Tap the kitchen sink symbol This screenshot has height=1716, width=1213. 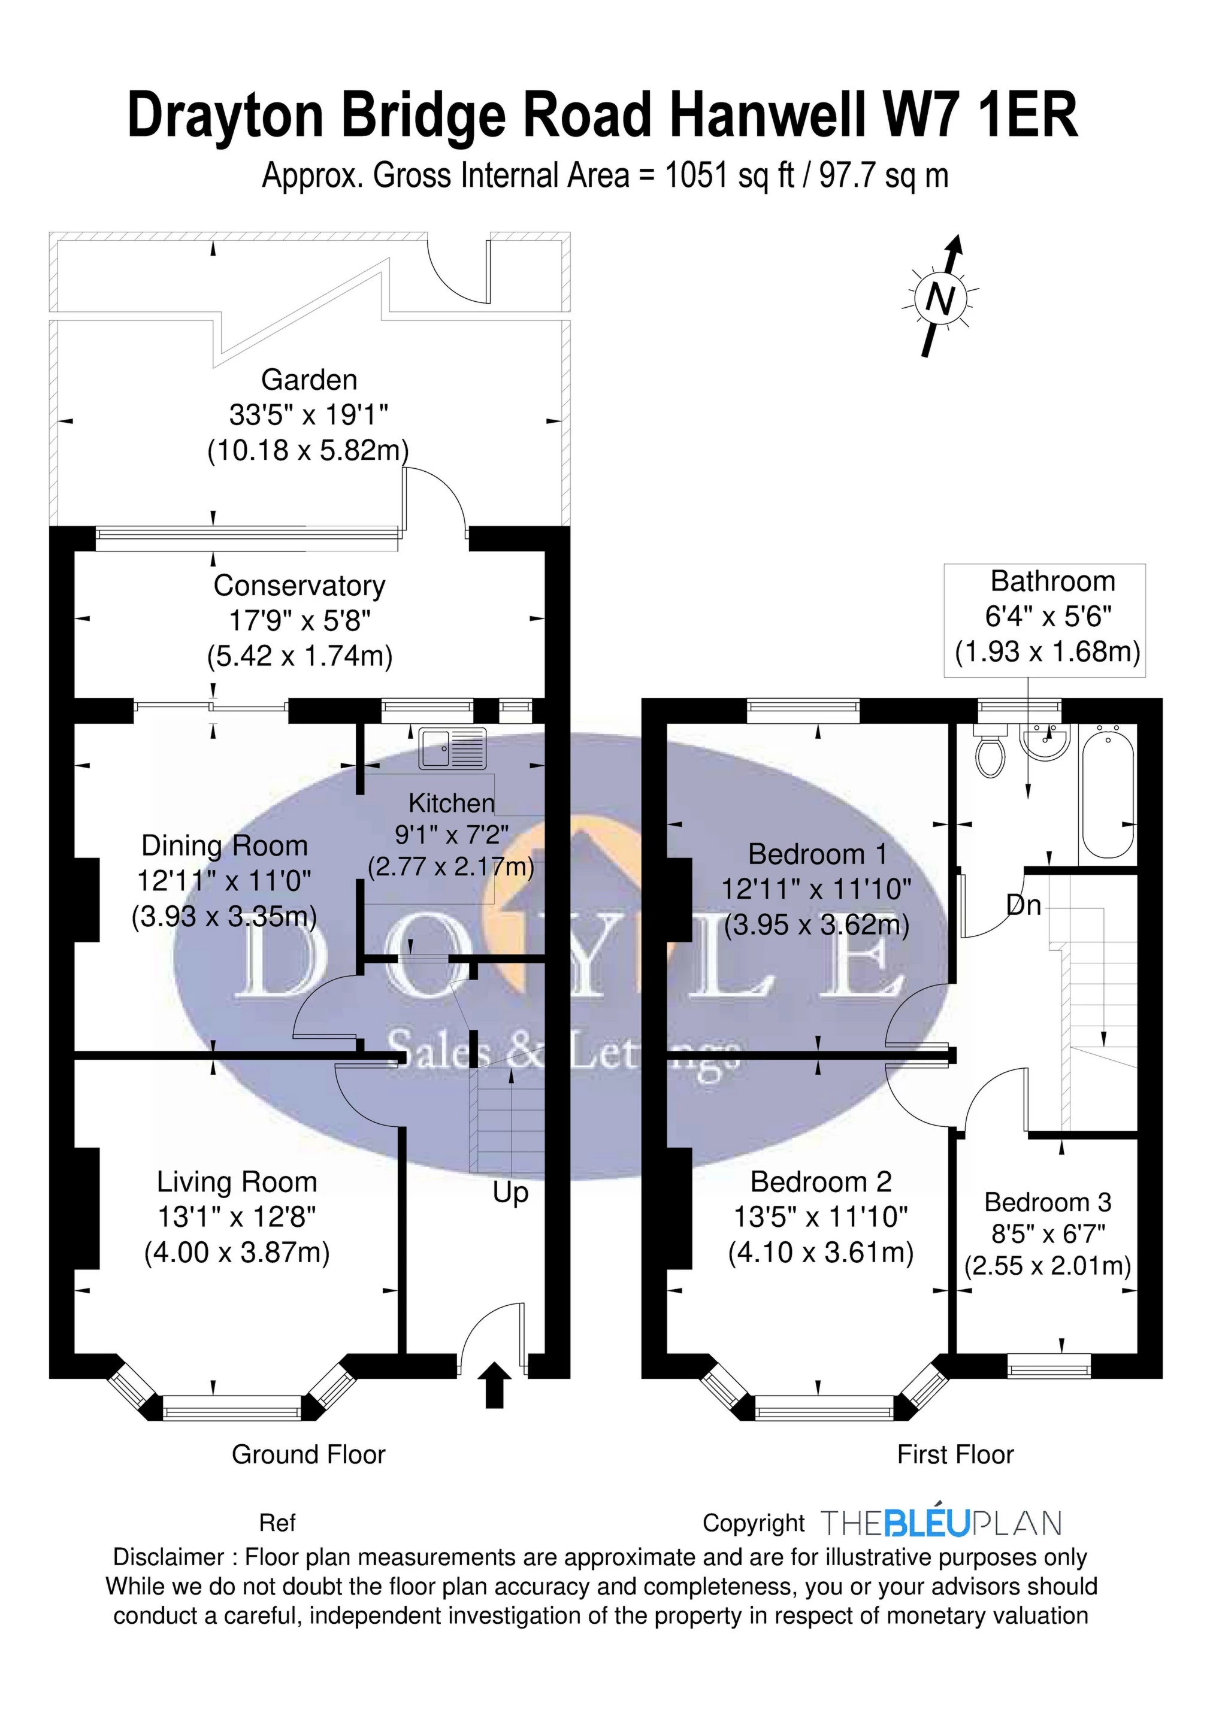click(452, 748)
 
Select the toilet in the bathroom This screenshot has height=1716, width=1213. click(991, 750)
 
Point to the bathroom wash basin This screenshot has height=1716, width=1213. click(1045, 741)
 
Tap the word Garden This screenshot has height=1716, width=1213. click(309, 380)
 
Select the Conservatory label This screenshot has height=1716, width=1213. click(299, 586)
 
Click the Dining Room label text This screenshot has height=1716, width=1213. click(225, 845)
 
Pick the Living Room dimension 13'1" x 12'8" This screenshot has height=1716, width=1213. click(237, 1217)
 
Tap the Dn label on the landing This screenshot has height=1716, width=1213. click(1024, 905)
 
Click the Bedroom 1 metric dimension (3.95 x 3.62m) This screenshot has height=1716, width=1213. click(816, 925)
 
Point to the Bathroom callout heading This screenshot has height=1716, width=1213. click(1052, 581)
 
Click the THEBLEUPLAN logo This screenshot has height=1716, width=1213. click(942, 1523)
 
